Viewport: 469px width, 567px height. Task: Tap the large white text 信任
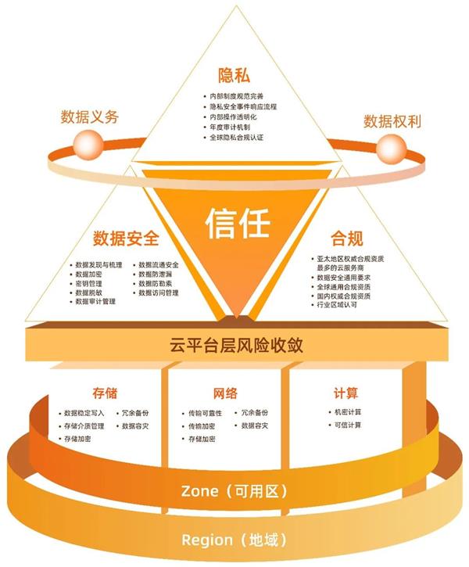click(x=237, y=223)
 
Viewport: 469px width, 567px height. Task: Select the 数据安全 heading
click(x=125, y=238)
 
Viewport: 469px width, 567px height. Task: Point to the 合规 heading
click(x=347, y=238)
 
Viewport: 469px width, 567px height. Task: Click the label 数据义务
click(x=90, y=117)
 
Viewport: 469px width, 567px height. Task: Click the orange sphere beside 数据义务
click(x=85, y=143)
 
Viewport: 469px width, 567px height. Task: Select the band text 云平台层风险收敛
click(x=237, y=345)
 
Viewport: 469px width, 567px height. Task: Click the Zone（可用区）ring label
click(x=234, y=491)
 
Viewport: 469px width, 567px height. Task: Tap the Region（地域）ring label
click(x=234, y=540)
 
